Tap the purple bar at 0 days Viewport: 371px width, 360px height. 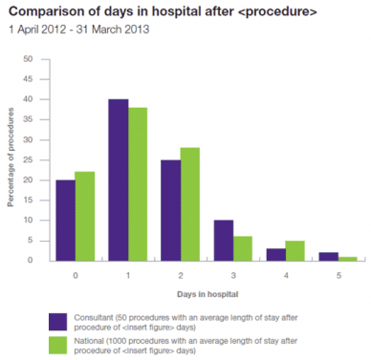[66, 220]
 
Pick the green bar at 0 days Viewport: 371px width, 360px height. [86, 216]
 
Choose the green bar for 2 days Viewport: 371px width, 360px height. [190, 203]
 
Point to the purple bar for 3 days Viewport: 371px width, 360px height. [222, 240]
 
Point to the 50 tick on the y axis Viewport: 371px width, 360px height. [38, 59]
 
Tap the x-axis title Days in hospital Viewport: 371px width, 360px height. [201, 294]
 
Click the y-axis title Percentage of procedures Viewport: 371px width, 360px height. [12, 159]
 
